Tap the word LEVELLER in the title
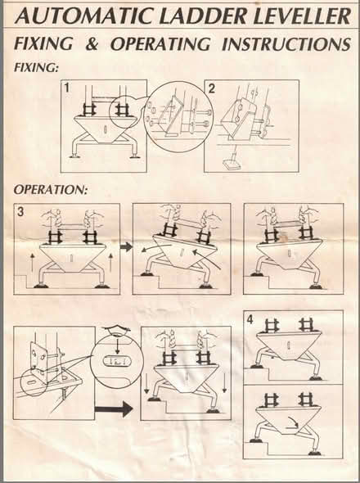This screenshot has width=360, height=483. tap(302, 16)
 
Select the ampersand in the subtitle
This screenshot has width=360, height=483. tap(92, 43)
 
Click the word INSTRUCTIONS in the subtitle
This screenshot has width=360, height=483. tap(286, 43)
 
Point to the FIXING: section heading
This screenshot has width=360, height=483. tap(36, 67)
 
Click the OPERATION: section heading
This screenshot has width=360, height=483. tap(51, 189)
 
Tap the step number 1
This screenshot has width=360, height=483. tap(66, 88)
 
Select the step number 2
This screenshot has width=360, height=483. tap(212, 88)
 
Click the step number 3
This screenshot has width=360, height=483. tap(20, 212)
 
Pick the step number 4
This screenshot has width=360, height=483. tap(250, 320)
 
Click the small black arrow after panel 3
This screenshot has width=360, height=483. tap(126, 246)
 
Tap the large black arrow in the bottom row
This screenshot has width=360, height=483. tap(114, 409)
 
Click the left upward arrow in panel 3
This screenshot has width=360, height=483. tap(32, 263)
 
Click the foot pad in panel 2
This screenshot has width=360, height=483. tap(232, 165)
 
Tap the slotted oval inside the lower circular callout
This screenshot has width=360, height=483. tap(117, 362)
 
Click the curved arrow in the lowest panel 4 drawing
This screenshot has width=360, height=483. tap(291, 426)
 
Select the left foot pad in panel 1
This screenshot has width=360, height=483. tap(74, 156)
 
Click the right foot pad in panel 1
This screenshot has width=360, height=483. tap(134, 157)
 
